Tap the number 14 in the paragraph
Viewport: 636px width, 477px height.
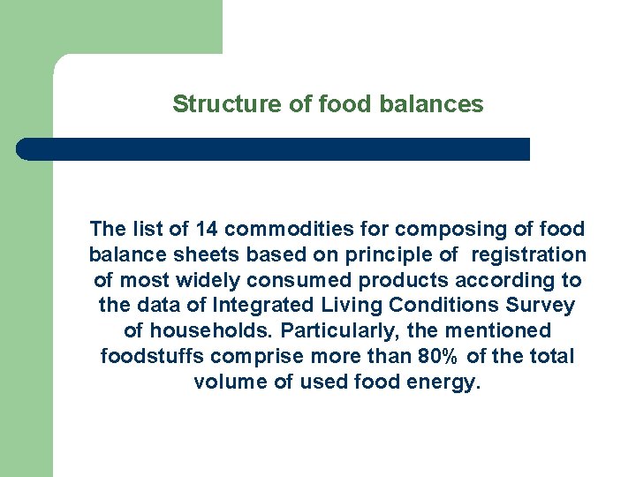click(207, 230)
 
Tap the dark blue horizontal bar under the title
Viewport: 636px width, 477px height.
click(274, 149)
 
